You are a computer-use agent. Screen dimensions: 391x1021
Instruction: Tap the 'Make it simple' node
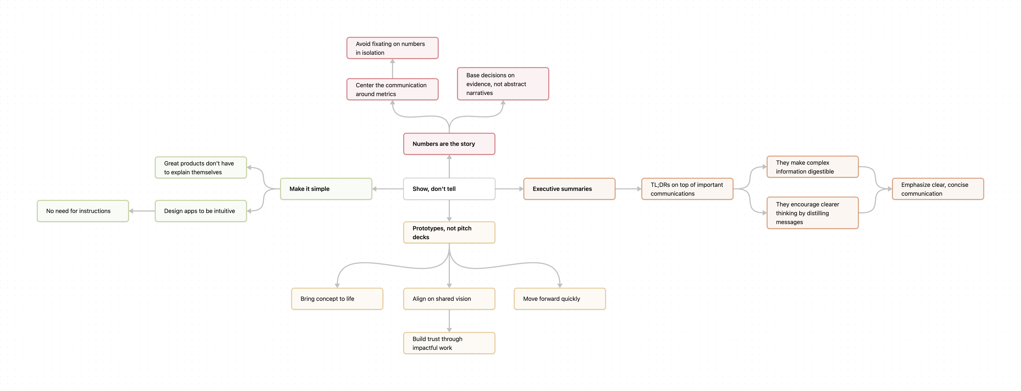coord(326,189)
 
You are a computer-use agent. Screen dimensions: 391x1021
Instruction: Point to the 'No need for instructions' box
coord(83,211)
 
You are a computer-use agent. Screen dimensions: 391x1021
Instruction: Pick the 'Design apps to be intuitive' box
coord(201,211)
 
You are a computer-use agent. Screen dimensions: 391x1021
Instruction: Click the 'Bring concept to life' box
coord(337,299)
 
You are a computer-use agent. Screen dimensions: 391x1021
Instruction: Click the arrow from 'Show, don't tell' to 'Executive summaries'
coord(509,189)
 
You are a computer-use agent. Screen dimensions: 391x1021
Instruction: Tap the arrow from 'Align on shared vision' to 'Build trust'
coord(449,320)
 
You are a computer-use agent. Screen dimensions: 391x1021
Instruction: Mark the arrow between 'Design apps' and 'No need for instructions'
coord(142,211)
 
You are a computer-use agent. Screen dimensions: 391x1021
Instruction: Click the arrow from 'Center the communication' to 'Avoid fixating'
coord(392,69)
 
